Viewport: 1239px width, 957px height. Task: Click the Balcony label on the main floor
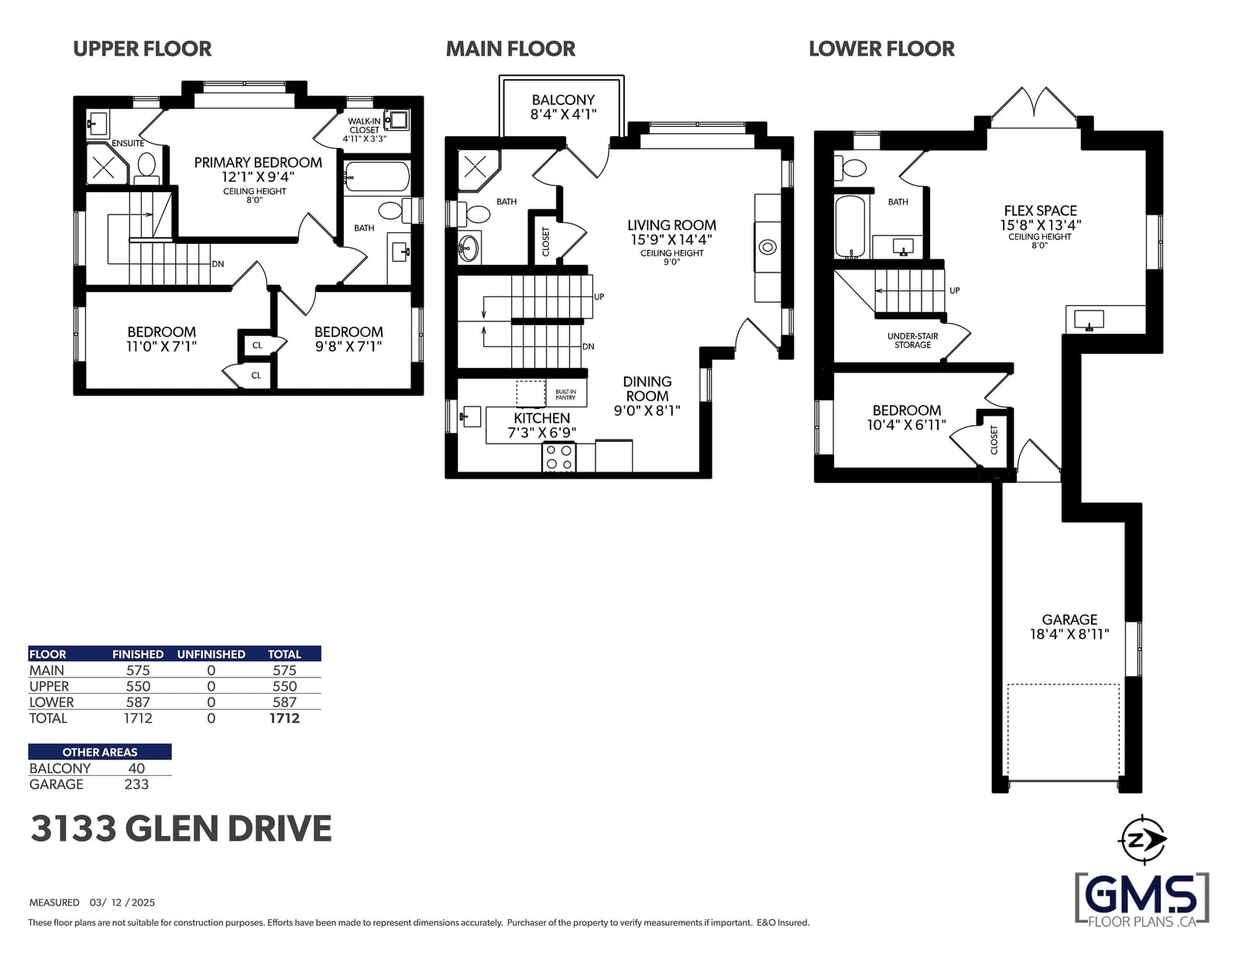[x=563, y=100]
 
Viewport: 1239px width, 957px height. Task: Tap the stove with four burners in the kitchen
[x=558, y=457]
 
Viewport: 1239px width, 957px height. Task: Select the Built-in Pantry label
[x=565, y=394]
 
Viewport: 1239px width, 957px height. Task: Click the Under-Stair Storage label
[x=912, y=340]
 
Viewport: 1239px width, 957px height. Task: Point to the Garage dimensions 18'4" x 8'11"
[x=1069, y=634]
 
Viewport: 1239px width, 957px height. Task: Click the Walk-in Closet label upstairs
[x=365, y=125]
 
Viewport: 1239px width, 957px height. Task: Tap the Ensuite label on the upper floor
[x=128, y=143]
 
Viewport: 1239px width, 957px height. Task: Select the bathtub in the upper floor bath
[x=377, y=177]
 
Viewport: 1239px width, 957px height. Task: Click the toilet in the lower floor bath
[x=850, y=167]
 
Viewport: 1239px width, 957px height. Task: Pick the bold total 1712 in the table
[x=284, y=719]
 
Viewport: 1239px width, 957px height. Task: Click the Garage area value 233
[x=136, y=784]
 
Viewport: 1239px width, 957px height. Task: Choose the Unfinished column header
[x=211, y=654]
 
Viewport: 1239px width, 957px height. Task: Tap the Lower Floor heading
[x=881, y=49]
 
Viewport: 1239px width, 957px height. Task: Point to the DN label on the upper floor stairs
[x=218, y=264]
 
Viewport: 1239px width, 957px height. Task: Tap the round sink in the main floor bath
[x=468, y=248]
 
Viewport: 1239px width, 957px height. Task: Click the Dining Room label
[x=647, y=389]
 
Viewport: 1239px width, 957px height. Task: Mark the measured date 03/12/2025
[x=122, y=902]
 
